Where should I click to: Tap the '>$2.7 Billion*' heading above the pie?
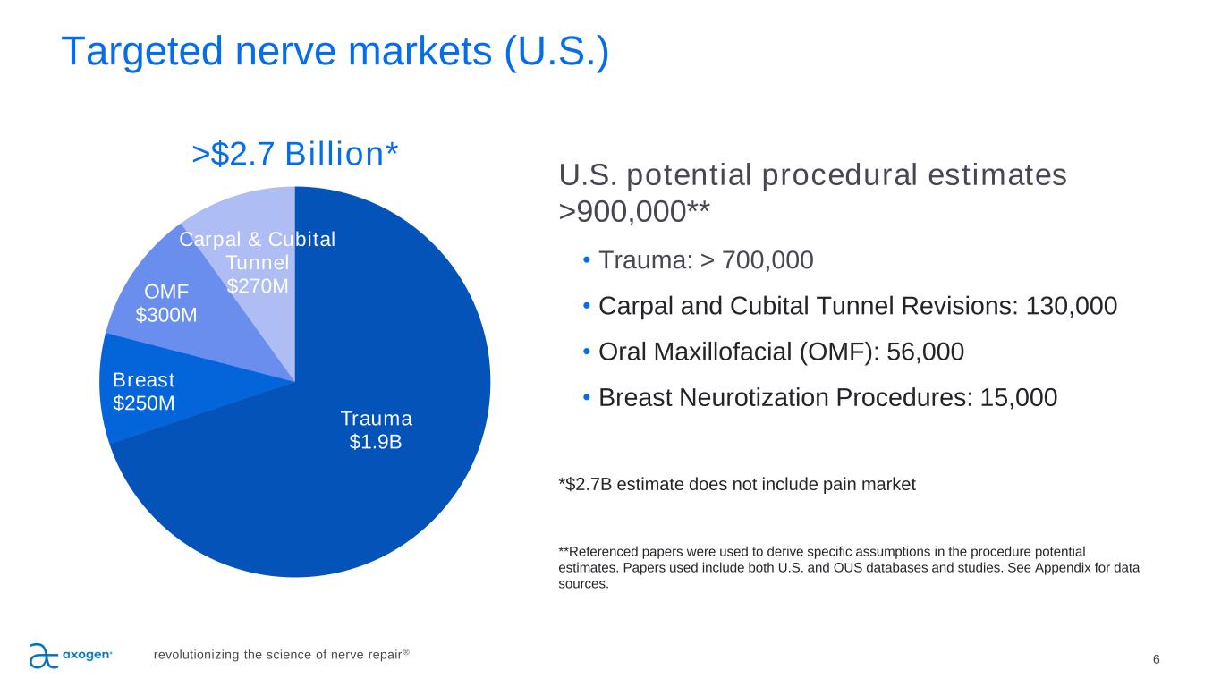tap(295, 154)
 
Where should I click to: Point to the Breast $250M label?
tap(144, 391)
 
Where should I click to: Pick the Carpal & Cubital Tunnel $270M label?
tap(258, 262)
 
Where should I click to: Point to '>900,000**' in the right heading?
tap(635, 210)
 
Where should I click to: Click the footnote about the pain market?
tap(737, 485)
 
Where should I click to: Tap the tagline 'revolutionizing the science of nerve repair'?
tap(281, 654)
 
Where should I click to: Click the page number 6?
tap(1157, 659)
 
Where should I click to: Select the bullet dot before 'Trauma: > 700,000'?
tap(586, 260)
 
